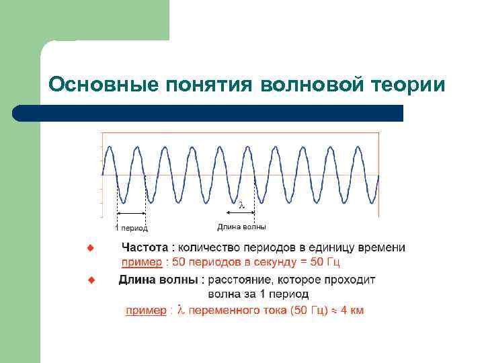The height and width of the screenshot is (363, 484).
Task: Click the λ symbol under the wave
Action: click(242, 204)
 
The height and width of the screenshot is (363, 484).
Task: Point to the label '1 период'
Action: click(132, 229)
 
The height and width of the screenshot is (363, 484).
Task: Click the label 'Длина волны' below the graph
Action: click(241, 227)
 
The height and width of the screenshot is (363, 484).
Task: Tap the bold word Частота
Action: click(145, 248)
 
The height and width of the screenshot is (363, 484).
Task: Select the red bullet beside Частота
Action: click(91, 248)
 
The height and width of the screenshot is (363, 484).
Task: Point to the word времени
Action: click(384, 248)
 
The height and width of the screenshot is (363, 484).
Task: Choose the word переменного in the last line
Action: click(229, 311)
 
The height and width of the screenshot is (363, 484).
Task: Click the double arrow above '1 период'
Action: click(132, 214)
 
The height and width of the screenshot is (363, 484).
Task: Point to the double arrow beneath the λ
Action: click(242, 214)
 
